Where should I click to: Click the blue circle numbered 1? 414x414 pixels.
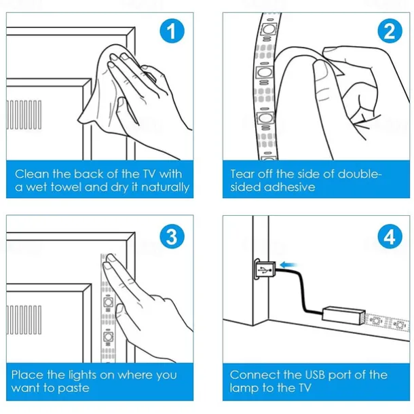(172, 31)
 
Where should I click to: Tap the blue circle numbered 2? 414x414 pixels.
(390, 31)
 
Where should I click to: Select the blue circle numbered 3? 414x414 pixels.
(172, 236)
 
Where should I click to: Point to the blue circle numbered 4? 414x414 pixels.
(390, 236)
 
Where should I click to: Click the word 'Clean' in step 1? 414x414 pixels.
(32, 174)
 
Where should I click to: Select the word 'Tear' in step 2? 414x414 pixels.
(242, 174)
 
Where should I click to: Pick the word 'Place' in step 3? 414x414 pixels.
(27, 375)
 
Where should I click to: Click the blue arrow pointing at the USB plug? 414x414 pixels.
(288, 265)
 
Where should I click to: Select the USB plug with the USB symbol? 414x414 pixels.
(265, 269)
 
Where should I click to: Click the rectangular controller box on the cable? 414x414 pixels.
(343, 314)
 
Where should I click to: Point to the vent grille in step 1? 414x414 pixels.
(24, 115)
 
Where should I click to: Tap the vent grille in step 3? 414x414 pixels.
(24, 320)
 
